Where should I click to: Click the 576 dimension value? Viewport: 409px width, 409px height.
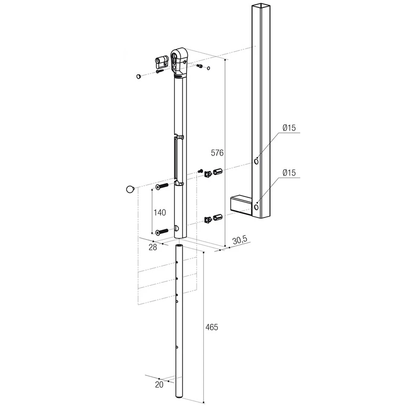(217, 152)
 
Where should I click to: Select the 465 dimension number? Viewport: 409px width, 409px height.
(212, 327)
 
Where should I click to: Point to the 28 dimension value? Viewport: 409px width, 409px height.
(153, 247)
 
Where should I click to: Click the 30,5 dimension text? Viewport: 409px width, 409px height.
(240, 240)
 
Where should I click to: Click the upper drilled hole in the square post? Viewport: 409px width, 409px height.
(256, 161)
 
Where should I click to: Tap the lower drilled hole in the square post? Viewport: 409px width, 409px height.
(256, 207)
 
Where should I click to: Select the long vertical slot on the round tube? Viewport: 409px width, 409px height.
(175, 158)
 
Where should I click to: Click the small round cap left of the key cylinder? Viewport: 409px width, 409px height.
(139, 76)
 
